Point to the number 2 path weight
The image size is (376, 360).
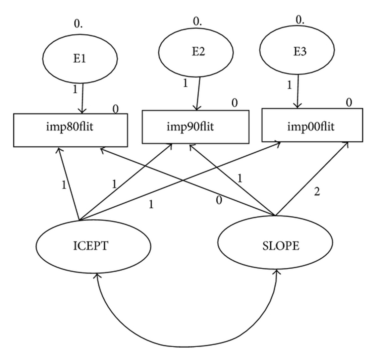pos(317,192)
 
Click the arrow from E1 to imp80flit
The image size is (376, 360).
pos(82,98)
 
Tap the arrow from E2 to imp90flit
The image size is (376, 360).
pos(198,94)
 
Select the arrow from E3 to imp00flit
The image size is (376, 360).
pos(298,91)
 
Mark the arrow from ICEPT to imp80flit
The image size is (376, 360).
pos(69,184)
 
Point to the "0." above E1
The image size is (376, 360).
pos(78,24)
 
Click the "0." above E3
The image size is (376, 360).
pos(300,20)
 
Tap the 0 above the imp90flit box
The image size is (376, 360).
pos(235,103)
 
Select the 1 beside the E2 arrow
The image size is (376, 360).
pos(185,83)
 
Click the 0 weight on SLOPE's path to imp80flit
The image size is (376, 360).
pos(219,200)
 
